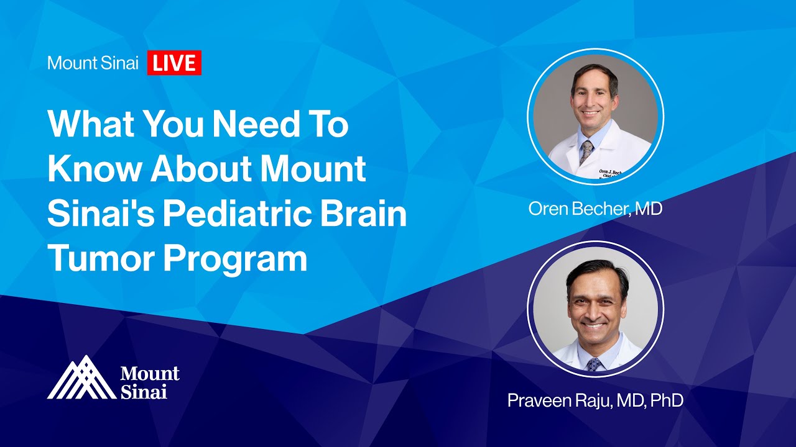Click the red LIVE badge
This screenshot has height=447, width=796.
[174, 63]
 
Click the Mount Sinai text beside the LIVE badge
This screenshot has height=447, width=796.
[93, 63]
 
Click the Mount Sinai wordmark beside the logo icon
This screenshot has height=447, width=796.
[149, 382]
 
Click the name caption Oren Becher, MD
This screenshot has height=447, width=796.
[595, 209]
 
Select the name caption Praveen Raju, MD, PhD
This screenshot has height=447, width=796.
[595, 400]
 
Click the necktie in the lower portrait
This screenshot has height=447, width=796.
[595, 364]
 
